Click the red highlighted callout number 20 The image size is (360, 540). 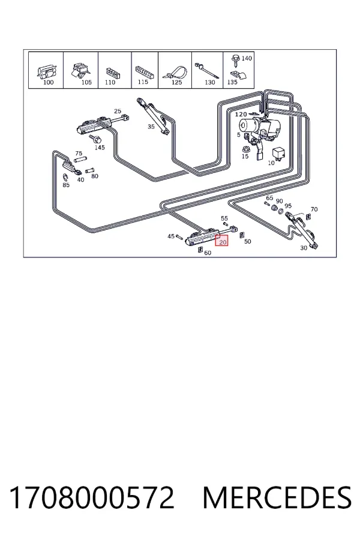pos(223,242)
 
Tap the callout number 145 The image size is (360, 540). pos(100,148)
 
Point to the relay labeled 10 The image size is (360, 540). pos(278,154)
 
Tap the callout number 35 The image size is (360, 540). pos(151,127)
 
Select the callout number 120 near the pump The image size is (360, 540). pos(241,115)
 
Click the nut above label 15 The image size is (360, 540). pos(245,149)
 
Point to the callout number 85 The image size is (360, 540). pos(66,185)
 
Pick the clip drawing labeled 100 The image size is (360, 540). pos(46,71)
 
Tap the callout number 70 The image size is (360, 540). pos(314,209)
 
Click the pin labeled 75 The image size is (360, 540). pos(80,160)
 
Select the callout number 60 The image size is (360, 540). pos(208,253)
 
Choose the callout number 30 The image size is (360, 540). pos(304,248)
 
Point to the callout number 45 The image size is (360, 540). pos(171,236)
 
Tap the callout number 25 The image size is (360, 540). pos(118,111)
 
